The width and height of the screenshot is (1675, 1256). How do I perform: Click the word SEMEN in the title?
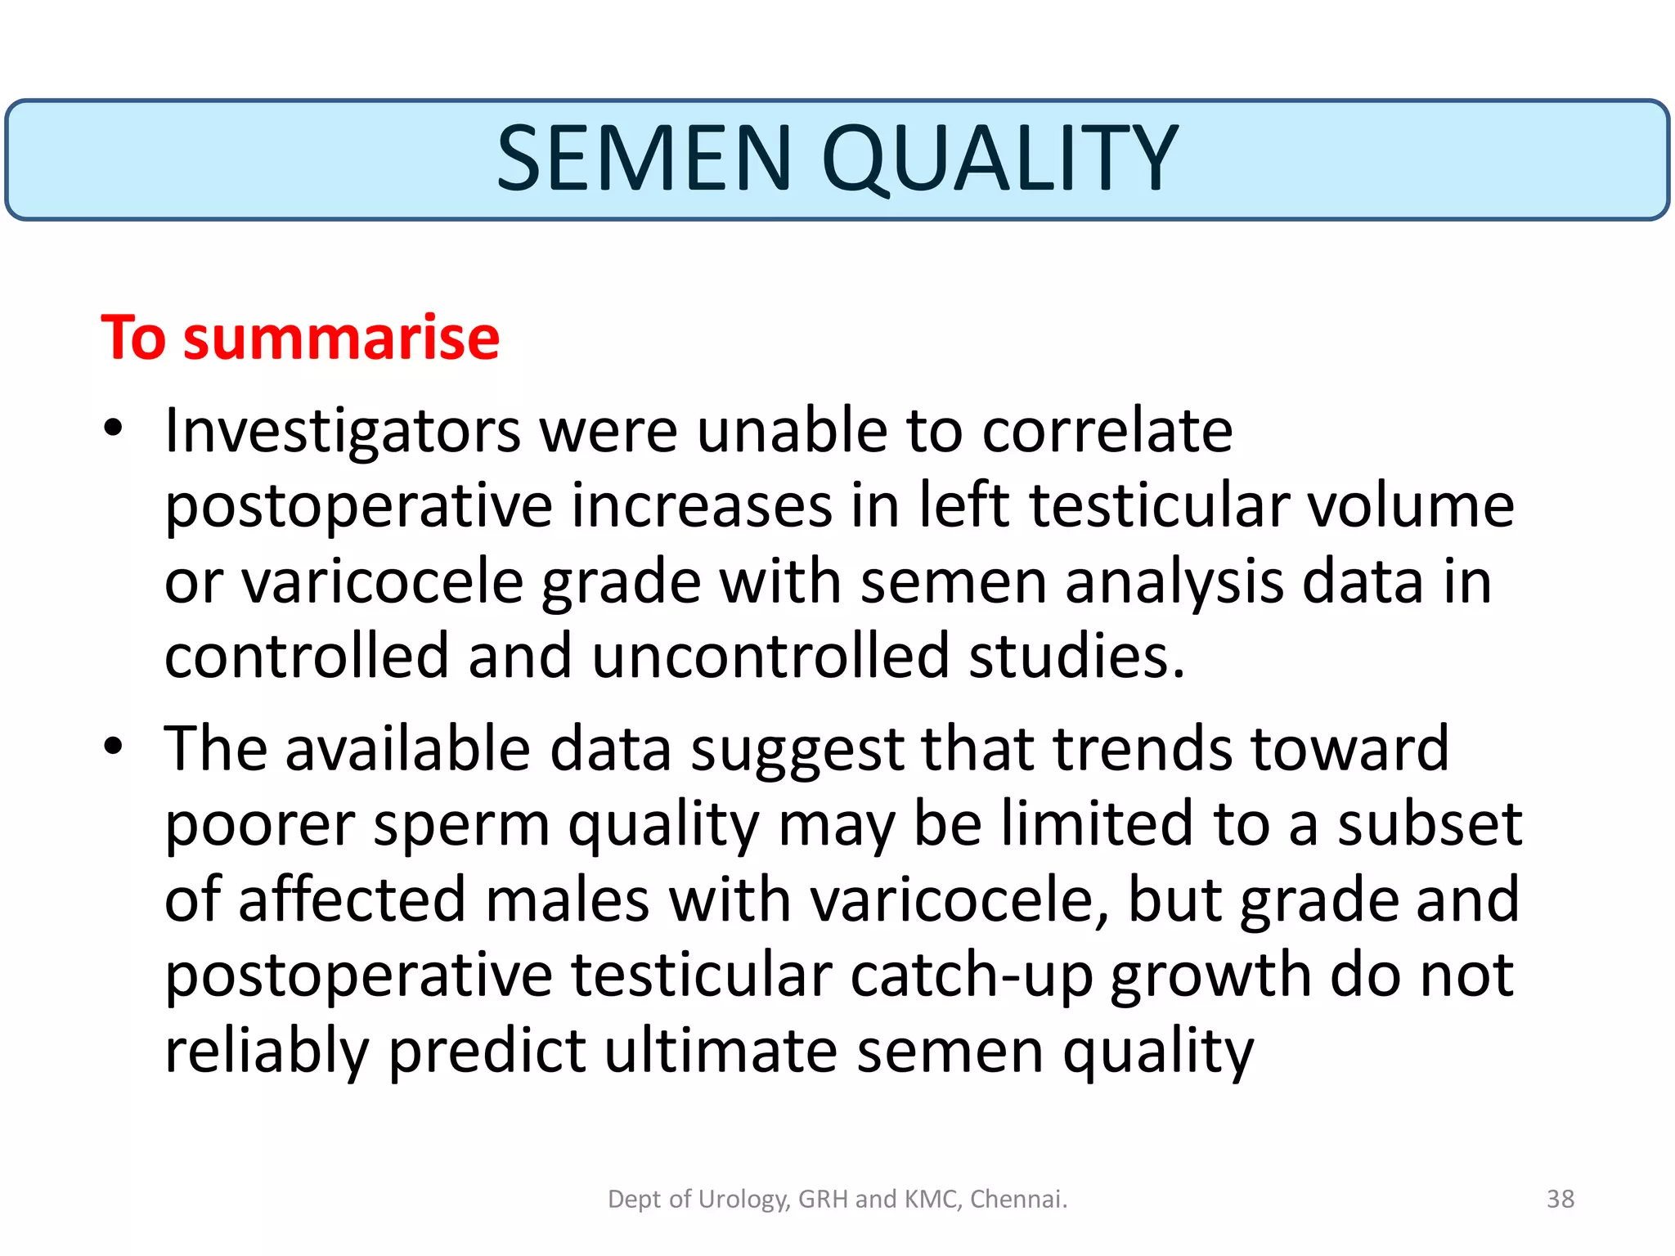coord(644,159)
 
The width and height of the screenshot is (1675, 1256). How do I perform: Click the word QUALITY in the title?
coord(999,159)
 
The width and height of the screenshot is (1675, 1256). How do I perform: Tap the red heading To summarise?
coord(300,337)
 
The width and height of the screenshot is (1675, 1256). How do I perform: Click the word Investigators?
coord(342,431)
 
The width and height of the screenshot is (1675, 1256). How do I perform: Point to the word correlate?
coord(1107,431)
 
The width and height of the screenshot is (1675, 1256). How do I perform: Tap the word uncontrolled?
coord(769,656)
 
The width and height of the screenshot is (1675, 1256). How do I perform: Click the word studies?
coord(1076,656)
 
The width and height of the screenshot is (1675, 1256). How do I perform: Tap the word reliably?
coord(267,1051)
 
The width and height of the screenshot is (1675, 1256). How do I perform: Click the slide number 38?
coord(1560,1199)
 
